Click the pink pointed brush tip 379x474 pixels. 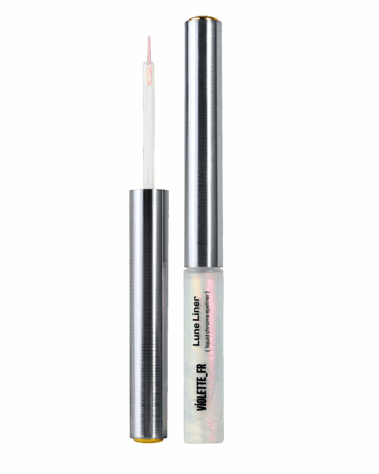tap(149, 48)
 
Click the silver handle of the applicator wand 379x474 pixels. tap(149, 314)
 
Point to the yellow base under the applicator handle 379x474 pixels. tap(149, 440)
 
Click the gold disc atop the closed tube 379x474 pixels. tap(204, 19)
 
